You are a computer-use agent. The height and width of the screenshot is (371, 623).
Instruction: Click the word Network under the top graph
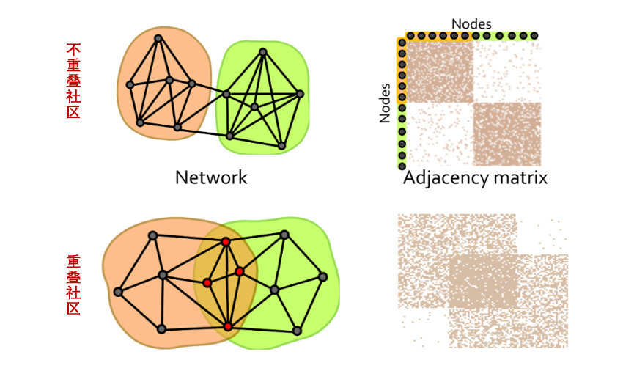[x=211, y=177]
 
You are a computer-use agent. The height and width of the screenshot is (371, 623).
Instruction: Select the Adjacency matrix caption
[x=475, y=178]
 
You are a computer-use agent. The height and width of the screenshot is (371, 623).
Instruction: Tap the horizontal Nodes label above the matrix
[x=471, y=23]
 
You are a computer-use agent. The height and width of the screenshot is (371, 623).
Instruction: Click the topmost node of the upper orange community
[x=158, y=37]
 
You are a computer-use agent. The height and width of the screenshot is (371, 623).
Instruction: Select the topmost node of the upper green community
[x=262, y=51]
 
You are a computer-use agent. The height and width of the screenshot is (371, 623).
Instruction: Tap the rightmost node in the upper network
[x=300, y=93]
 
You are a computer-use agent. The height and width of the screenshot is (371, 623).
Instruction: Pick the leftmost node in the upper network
[x=130, y=84]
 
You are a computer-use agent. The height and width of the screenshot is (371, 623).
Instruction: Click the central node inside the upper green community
[x=254, y=107]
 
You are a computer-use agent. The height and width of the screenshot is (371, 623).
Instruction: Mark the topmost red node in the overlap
[x=226, y=241]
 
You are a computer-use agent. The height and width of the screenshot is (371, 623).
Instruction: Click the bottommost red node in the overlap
[x=227, y=326]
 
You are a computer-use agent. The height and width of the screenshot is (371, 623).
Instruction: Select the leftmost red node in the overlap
[x=207, y=283]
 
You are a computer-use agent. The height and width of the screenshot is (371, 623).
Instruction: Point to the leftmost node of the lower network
[x=118, y=292]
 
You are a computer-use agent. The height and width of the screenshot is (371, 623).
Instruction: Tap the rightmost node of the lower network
[x=322, y=276]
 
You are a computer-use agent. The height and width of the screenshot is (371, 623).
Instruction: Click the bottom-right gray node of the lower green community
[x=297, y=331]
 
